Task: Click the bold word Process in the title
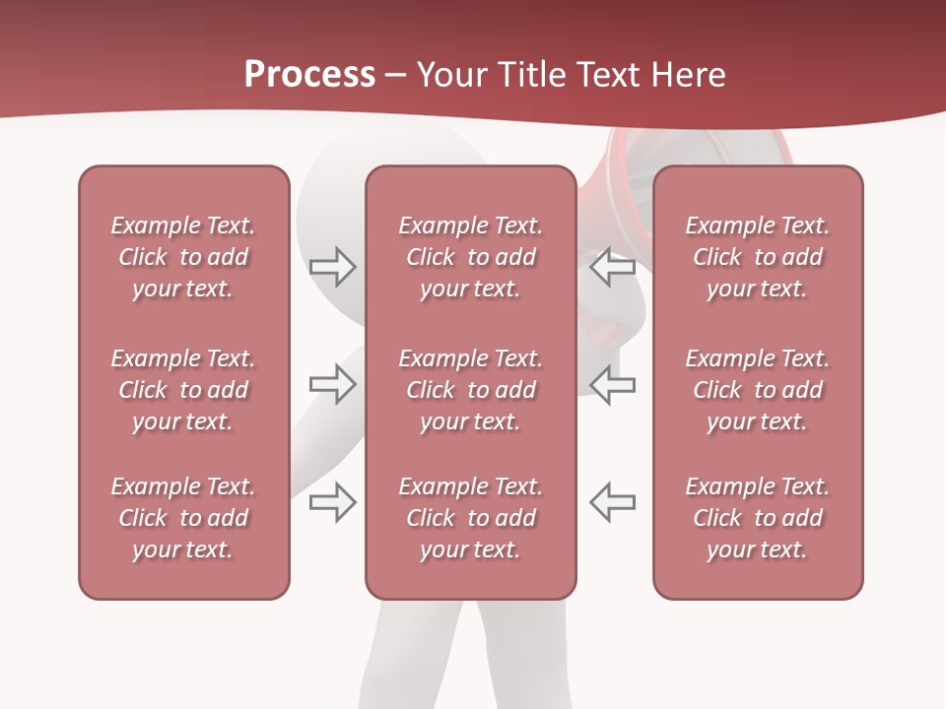pos(309,75)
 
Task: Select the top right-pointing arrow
pos(332,267)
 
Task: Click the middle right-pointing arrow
pos(332,384)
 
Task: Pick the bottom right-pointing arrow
pos(332,501)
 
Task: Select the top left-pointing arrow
pos(613,267)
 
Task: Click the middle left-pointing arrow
pos(613,384)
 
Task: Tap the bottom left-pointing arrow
pos(613,501)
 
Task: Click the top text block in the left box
pos(183,257)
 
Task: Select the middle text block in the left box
pos(183,390)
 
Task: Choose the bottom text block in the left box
pos(183,518)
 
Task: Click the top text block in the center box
pos(470,257)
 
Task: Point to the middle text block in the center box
pos(470,390)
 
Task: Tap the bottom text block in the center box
pos(470,518)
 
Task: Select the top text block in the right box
pos(757,257)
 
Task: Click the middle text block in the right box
pos(757,390)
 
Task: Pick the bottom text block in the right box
pos(757,518)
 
